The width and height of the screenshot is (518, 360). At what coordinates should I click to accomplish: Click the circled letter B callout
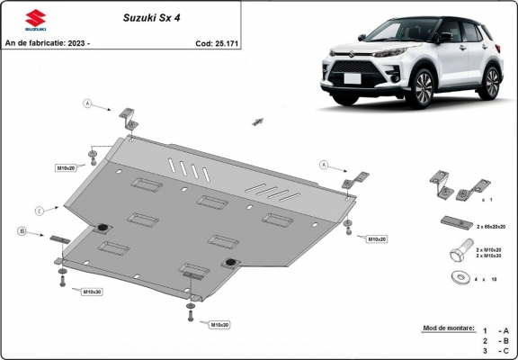[x=21, y=232]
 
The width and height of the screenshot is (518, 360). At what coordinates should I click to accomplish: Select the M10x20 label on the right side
[x=376, y=238]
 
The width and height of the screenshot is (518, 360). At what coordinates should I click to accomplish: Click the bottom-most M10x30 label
[x=220, y=324]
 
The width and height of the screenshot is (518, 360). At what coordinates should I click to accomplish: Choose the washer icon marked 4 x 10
[x=456, y=278]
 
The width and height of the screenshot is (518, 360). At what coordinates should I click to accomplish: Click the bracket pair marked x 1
[x=454, y=188]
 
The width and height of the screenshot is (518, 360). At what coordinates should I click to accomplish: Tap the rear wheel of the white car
[x=490, y=83]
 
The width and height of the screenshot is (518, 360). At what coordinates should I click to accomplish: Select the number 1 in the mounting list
[x=484, y=330]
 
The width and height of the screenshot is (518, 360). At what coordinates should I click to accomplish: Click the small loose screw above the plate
[x=257, y=121]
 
